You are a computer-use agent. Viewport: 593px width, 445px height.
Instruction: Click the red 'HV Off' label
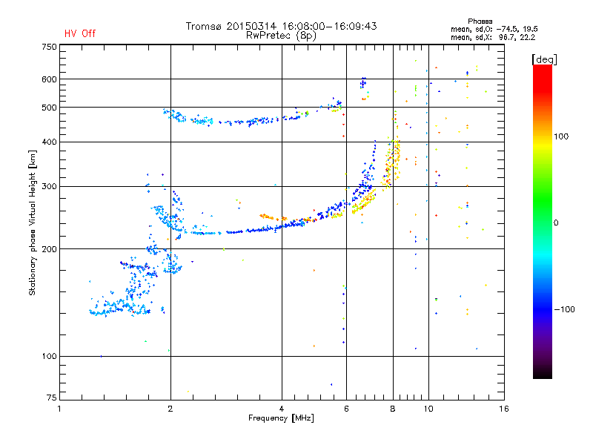(80, 33)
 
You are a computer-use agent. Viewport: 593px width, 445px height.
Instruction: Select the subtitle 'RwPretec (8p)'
(281, 36)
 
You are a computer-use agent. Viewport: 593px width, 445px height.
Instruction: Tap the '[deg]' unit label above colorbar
(544, 59)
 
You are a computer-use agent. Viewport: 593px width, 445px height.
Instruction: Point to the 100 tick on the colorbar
(561, 136)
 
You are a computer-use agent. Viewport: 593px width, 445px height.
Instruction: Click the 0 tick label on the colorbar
(556, 223)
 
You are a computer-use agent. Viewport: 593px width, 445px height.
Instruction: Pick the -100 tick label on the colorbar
(564, 309)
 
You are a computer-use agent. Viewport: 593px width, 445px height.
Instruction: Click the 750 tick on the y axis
(49, 47)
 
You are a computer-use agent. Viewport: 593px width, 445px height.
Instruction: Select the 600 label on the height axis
(49, 79)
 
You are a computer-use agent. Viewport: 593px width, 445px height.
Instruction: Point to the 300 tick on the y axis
(49, 187)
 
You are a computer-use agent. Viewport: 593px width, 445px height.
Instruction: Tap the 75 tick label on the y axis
(52, 398)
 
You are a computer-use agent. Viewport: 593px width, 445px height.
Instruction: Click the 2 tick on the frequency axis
(170, 409)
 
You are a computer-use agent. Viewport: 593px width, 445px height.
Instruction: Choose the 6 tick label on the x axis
(346, 409)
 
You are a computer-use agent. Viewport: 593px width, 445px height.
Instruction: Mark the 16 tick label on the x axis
(504, 409)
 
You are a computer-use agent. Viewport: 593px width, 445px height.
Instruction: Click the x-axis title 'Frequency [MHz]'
(282, 418)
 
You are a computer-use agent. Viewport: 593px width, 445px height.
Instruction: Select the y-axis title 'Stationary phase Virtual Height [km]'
(33, 223)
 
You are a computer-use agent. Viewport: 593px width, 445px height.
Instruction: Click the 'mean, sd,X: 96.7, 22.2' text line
(493, 38)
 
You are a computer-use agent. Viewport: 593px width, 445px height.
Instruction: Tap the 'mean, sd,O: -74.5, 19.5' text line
(494, 30)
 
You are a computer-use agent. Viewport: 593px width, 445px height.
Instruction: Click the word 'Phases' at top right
(480, 22)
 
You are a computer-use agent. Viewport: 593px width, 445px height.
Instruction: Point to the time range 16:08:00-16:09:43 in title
(329, 26)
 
